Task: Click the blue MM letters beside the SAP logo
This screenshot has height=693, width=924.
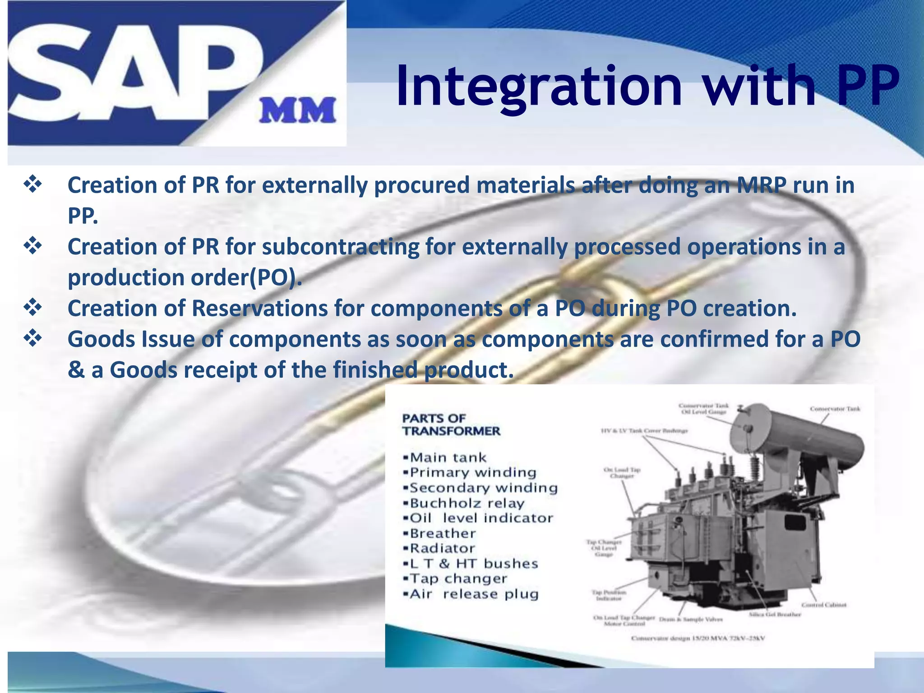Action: point(297,111)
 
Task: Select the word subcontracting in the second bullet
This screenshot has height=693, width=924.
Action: point(340,247)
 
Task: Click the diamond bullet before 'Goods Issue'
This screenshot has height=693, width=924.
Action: point(33,338)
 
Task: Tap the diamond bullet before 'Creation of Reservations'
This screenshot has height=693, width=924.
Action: point(33,308)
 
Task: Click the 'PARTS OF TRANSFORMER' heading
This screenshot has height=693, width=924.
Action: point(451,425)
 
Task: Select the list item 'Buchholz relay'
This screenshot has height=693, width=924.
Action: point(467,503)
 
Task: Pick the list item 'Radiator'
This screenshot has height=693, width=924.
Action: point(442,549)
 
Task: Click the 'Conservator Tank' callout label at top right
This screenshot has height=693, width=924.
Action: point(835,409)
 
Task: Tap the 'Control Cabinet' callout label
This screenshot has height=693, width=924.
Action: point(824,605)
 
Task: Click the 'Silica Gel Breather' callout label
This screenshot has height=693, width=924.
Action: point(775,614)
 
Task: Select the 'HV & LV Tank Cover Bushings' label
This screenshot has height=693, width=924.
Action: point(644,431)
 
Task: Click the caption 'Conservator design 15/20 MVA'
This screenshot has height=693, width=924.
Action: point(698,638)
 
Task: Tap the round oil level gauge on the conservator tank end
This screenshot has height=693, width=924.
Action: point(747,428)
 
